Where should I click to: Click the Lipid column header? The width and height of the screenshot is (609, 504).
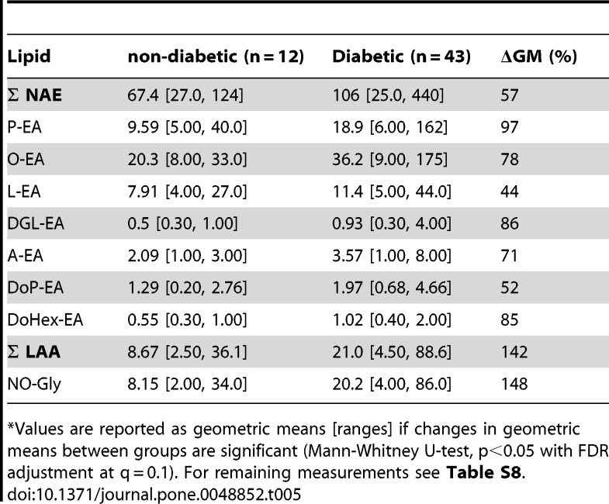click(x=29, y=57)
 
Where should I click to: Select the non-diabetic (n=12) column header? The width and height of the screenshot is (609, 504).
click(x=216, y=57)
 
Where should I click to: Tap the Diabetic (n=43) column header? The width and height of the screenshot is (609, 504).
click(x=401, y=57)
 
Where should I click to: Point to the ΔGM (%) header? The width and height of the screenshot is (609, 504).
click(x=538, y=57)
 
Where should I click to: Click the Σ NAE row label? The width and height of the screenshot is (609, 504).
click(x=35, y=95)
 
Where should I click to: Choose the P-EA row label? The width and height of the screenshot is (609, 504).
click(x=24, y=127)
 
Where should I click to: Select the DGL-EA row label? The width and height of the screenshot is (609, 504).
click(x=36, y=223)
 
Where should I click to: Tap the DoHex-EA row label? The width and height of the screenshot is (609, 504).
click(x=45, y=320)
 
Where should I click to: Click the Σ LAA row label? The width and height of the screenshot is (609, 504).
click(x=34, y=352)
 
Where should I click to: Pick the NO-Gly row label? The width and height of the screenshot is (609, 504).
click(x=34, y=385)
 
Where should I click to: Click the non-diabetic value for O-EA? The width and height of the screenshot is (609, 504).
click(x=187, y=160)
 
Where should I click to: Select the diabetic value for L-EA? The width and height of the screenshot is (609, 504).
click(x=392, y=192)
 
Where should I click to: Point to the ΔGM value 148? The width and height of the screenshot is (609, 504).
click(x=514, y=384)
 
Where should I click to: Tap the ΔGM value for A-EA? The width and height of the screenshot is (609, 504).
click(x=509, y=256)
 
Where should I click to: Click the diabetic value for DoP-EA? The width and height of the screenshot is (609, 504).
click(x=392, y=288)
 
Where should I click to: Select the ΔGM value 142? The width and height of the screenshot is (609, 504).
click(x=514, y=352)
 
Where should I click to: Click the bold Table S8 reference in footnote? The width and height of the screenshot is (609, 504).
click(x=483, y=473)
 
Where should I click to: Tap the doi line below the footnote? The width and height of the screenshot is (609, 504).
click(x=154, y=495)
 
